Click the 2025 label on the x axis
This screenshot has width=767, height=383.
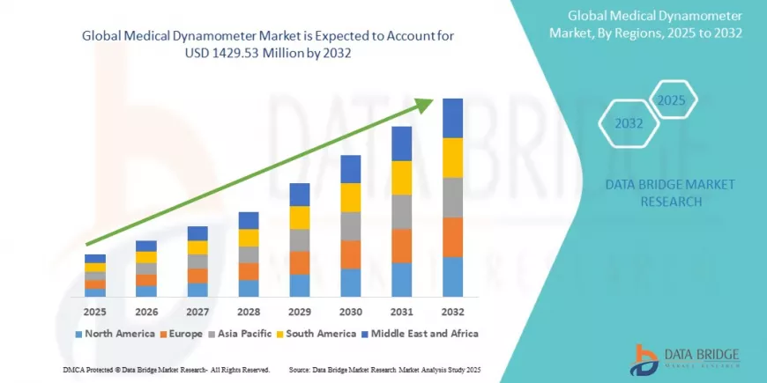[95, 312]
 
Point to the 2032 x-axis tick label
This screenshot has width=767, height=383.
[452, 312]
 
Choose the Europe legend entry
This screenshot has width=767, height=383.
[182, 334]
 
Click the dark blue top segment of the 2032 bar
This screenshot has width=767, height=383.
[452, 118]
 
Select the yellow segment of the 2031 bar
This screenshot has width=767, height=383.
[402, 178]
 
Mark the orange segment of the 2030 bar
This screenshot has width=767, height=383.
[351, 254]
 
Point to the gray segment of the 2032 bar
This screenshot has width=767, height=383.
[452, 197]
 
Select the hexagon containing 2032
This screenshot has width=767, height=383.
[629, 124]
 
